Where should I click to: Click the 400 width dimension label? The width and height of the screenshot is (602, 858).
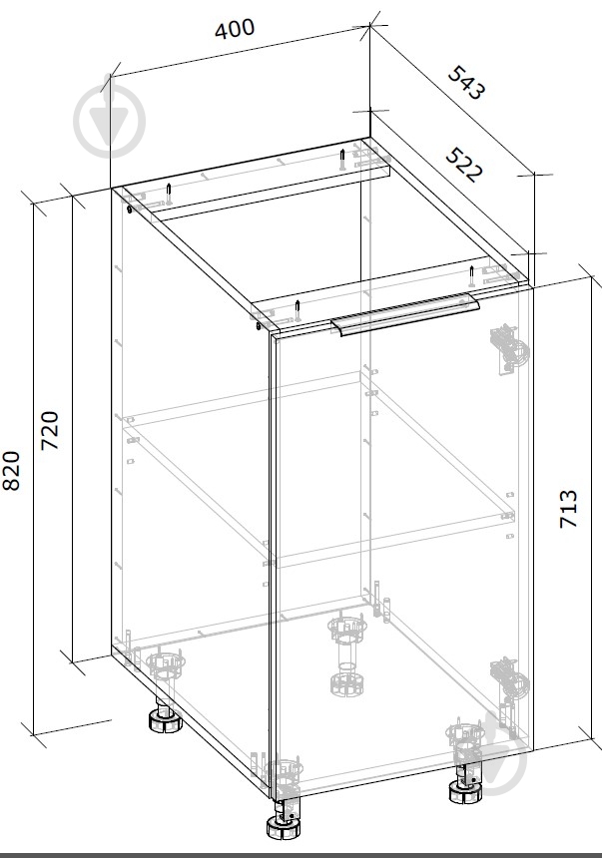[x=235, y=29]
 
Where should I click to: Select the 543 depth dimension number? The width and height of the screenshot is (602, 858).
[x=466, y=83]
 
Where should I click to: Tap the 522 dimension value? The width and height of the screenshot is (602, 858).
[x=464, y=165]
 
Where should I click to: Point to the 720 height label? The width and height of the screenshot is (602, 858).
[x=50, y=430]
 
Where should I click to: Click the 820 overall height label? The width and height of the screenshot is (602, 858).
[x=12, y=471]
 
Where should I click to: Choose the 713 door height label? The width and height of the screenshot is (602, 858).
[x=569, y=509]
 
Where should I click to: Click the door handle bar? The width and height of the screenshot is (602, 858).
[x=404, y=314]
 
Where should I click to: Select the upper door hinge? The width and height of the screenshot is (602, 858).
[x=509, y=350]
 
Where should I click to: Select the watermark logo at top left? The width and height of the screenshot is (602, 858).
[x=110, y=121]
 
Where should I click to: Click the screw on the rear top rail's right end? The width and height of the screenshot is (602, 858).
[x=342, y=159]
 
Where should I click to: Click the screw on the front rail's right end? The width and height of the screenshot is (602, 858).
[x=471, y=275]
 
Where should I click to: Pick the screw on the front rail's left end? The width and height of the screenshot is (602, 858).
[x=298, y=310]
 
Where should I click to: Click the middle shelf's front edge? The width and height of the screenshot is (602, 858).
[x=394, y=540]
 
